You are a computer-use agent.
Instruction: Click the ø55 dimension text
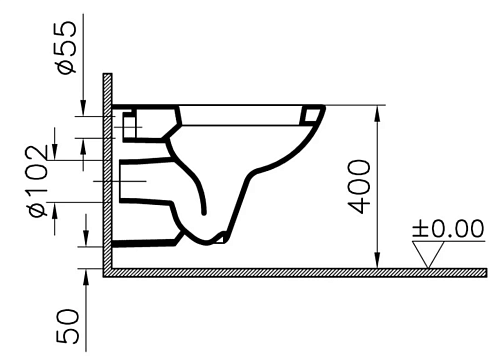pyautogui.click(x=67, y=47)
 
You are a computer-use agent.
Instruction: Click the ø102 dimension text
pyautogui.click(x=39, y=181)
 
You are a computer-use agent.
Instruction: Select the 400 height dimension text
pyautogui.click(x=359, y=187)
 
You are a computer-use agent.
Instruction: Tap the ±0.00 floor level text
pyautogui.click(x=448, y=228)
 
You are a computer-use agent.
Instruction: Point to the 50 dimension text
pyautogui.click(x=68, y=326)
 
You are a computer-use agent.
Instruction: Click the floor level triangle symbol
pyautogui.click(x=428, y=254)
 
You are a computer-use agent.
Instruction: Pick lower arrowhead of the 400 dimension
pyautogui.click(x=377, y=260)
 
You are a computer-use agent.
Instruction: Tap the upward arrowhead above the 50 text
pyautogui.click(x=86, y=277)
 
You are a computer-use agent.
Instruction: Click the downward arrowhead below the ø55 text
pyautogui.click(x=83, y=108)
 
